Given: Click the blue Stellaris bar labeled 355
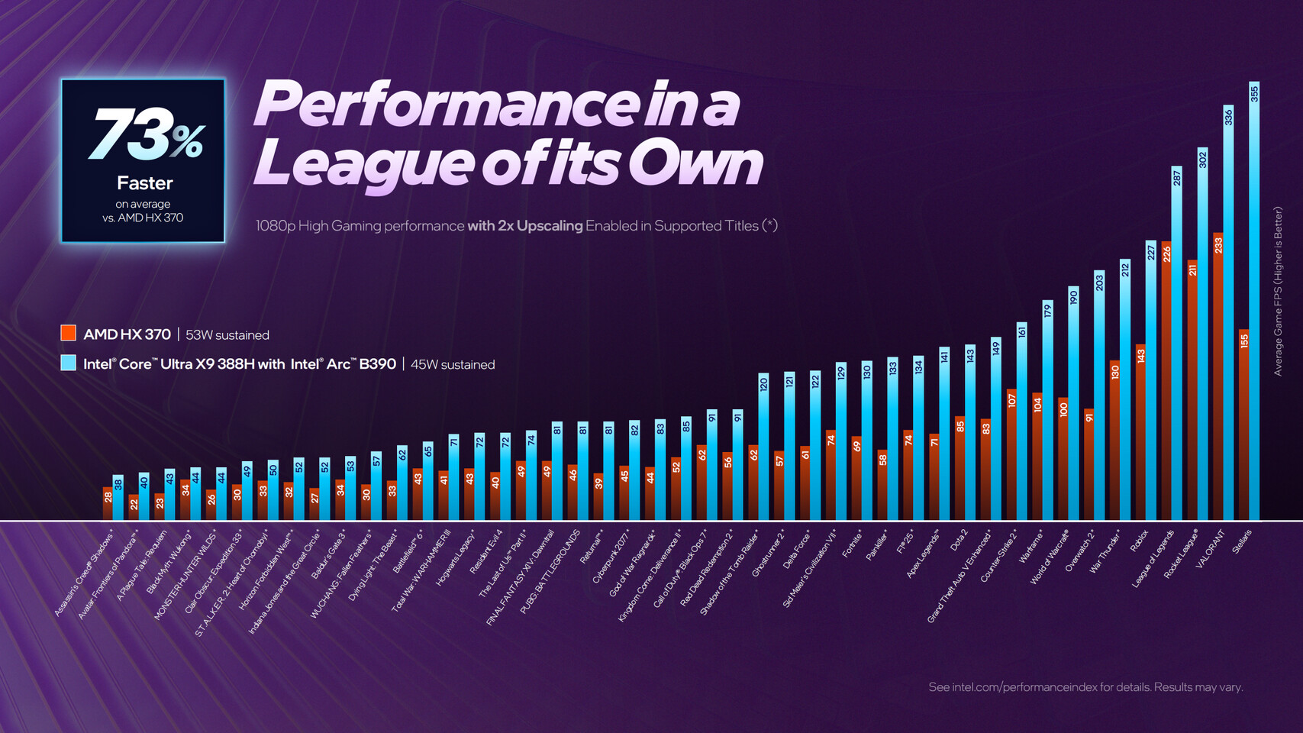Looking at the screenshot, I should [1254, 305].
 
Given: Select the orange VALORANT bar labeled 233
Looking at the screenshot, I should [1218, 382].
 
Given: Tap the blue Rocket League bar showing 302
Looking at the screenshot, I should [1203, 336].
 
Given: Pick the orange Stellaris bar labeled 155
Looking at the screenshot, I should [1244, 428].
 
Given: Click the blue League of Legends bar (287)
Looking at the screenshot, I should [1177, 344].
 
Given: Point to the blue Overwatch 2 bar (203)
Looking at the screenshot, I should [1099, 397].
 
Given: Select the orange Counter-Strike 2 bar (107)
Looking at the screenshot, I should [1011, 458].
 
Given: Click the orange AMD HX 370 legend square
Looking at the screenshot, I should [69, 333].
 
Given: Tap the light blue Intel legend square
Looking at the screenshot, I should [69, 363].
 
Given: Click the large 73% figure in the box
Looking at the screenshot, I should [145, 135].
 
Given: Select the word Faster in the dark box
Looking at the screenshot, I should [144, 183].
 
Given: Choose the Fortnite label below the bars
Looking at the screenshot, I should [852, 544].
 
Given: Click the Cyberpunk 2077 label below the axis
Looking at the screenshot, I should [611, 556].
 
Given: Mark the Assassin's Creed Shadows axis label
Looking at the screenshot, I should [84, 573].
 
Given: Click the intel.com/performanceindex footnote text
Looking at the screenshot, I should [1085, 687].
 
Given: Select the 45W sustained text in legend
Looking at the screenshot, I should [453, 365].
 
